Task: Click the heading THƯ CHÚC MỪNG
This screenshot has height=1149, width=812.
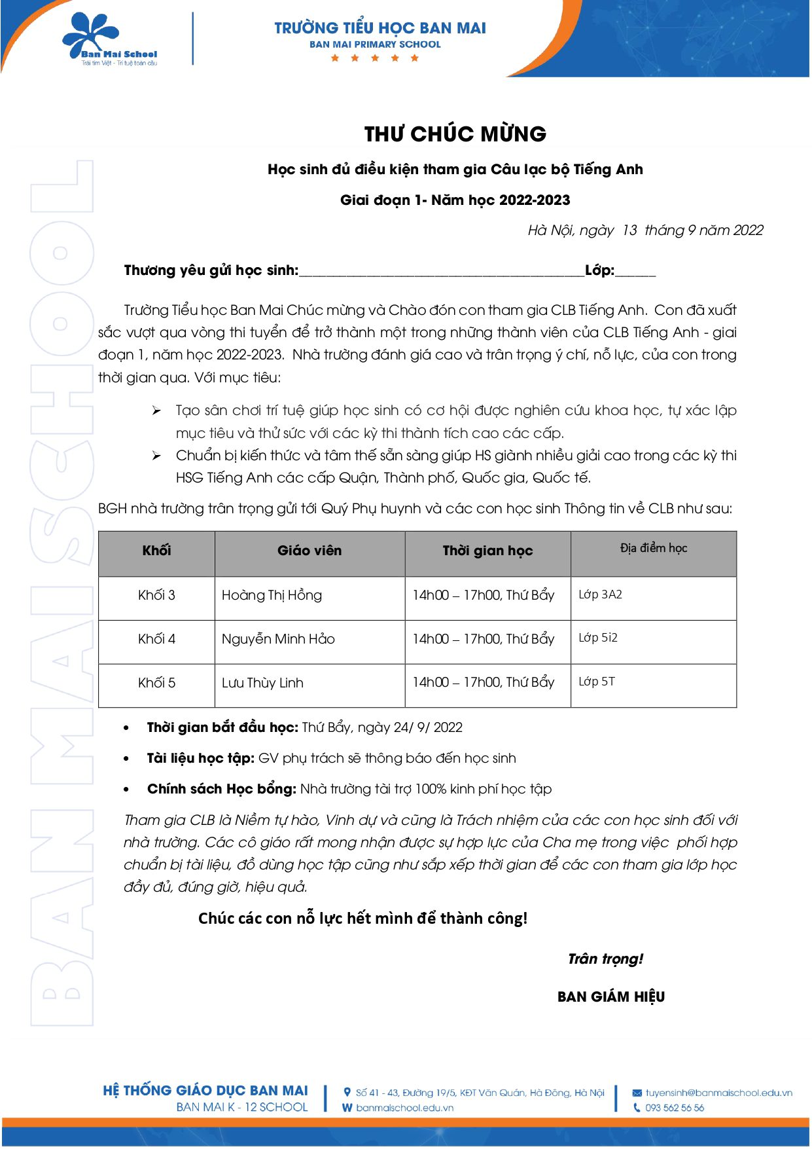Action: pyautogui.click(x=455, y=134)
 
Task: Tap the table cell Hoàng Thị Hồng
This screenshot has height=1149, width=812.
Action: pyautogui.click(x=272, y=595)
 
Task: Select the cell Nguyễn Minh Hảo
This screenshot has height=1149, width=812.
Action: pyautogui.click(x=278, y=639)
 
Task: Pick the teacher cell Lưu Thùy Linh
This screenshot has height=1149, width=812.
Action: pyautogui.click(x=262, y=683)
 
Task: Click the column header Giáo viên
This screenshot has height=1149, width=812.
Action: pyautogui.click(x=309, y=551)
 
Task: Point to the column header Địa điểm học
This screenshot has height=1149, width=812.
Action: pyautogui.click(x=653, y=548)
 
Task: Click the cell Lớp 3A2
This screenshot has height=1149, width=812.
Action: pyautogui.click(x=600, y=594)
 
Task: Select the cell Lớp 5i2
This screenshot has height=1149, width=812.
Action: pyautogui.click(x=598, y=638)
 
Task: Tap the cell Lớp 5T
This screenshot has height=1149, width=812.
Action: pyautogui.click(x=597, y=682)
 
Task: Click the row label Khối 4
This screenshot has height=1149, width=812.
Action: pyautogui.click(x=156, y=639)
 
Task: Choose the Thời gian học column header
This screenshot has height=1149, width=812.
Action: pyautogui.click(x=487, y=551)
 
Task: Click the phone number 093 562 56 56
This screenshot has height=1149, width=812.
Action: pyautogui.click(x=675, y=1108)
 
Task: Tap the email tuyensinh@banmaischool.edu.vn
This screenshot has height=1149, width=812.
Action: pyautogui.click(x=718, y=1093)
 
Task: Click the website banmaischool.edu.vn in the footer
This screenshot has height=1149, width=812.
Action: pyautogui.click(x=404, y=1108)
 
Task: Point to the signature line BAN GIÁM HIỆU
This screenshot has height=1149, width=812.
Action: pyautogui.click(x=611, y=996)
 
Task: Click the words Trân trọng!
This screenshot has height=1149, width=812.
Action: pyautogui.click(x=605, y=959)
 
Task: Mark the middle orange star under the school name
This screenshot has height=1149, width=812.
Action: pyautogui.click(x=375, y=58)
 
